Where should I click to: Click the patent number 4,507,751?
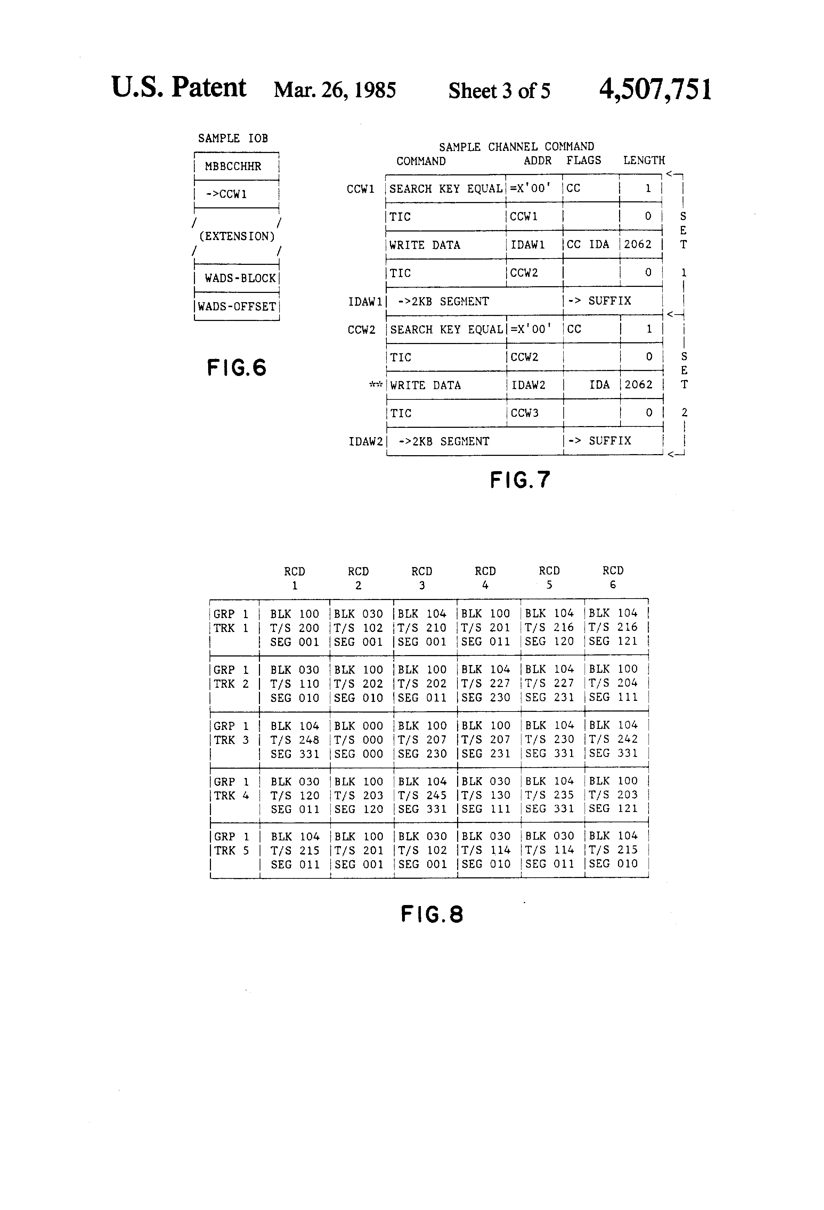[x=655, y=89]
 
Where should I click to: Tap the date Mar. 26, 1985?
[x=335, y=90]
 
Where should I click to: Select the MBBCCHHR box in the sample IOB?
[x=237, y=167]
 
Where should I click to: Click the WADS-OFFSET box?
[x=237, y=306]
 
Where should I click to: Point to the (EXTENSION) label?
[x=237, y=236]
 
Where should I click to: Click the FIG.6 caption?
[x=237, y=367]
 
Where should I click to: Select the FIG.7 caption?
[x=520, y=480]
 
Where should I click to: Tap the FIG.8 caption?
[x=432, y=914]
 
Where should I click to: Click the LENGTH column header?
[x=644, y=160]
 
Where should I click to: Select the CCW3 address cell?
[x=536, y=413]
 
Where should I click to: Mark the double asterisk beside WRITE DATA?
[x=375, y=385]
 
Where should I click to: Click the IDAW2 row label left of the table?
[x=365, y=442]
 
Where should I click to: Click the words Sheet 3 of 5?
[x=499, y=91]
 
